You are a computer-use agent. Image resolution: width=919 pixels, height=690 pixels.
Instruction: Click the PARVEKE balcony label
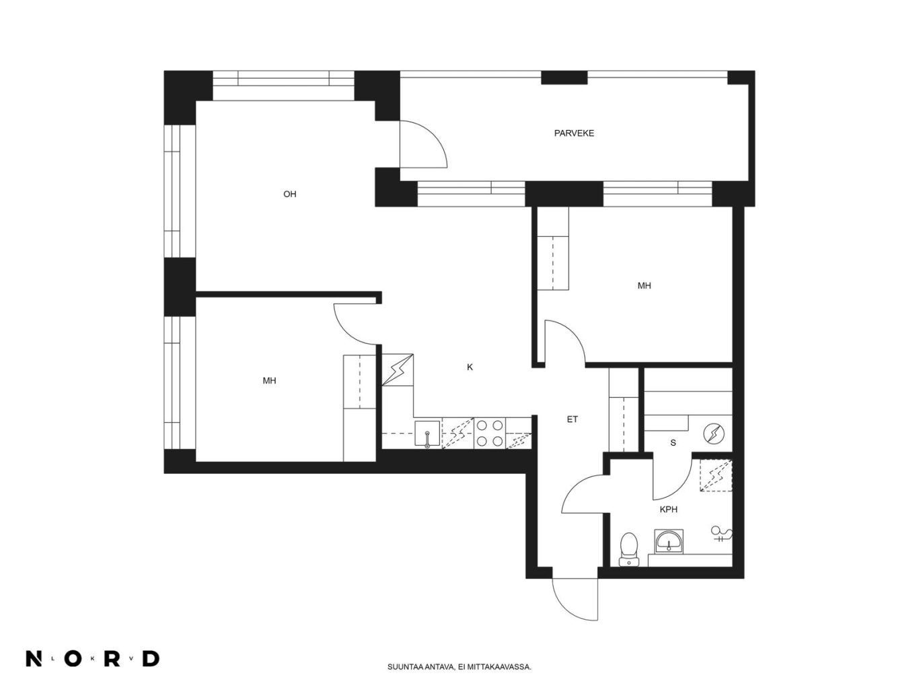(x=574, y=133)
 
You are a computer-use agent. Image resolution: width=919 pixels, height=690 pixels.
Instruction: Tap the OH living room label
(x=290, y=194)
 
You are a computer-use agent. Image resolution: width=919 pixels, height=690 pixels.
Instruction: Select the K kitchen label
(x=470, y=367)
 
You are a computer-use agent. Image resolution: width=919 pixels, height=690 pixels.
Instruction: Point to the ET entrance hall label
(x=573, y=419)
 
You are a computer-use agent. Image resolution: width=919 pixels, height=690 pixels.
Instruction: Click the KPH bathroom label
(x=668, y=510)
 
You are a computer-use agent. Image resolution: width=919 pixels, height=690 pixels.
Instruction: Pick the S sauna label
(x=673, y=443)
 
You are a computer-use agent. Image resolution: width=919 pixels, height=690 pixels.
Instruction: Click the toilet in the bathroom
(x=629, y=549)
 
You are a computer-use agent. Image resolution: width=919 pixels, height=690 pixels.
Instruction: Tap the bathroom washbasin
(x=669, y=541)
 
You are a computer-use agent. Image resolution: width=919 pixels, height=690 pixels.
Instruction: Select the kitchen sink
(x=427, y=434)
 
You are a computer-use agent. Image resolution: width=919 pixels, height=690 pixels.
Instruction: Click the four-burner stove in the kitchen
(x=489, y=434)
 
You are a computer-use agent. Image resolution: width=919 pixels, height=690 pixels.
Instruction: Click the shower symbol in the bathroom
(x=721, y=534)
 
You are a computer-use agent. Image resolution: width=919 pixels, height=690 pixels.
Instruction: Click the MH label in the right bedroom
(x=644, y=285)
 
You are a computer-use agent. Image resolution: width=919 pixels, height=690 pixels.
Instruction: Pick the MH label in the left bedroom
(x=269, y=380)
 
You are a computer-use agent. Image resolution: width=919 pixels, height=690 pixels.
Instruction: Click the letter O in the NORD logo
(x=73, y=658)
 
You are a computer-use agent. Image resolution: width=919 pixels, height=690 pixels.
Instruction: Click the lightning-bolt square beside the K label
(x=398, y=370)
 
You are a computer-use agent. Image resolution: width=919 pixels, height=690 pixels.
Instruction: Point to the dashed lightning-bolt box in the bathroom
(x=716, y=475)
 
